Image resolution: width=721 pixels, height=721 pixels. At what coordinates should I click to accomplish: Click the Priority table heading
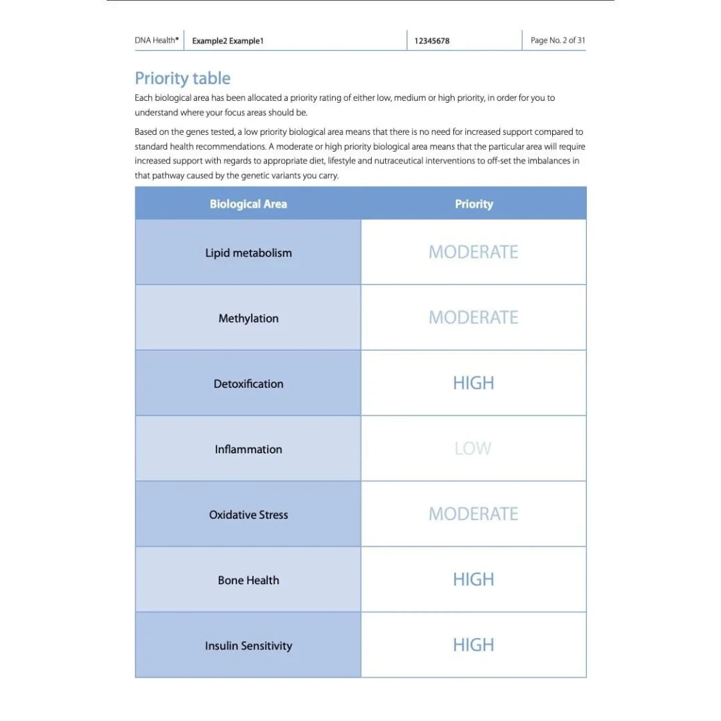click(182, 79)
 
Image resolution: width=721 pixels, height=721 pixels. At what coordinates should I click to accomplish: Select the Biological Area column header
click(248, 204)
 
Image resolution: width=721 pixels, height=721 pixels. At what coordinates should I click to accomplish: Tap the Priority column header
click(474, 204)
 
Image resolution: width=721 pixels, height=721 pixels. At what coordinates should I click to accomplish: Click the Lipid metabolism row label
click(248, 253)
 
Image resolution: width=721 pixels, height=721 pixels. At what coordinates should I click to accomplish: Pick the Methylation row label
click(248, 318)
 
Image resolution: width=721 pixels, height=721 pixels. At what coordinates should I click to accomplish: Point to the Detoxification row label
click(248, 384)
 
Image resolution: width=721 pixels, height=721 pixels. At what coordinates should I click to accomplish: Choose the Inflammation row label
click(248, 449)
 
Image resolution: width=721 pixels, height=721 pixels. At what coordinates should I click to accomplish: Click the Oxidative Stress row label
click(248, 515)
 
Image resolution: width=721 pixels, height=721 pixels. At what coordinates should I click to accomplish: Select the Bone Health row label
click(248, 580)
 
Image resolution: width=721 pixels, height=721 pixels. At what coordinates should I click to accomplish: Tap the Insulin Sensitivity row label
click(248, 646)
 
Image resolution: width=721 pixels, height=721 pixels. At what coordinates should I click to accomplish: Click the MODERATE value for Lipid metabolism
click(473, 252)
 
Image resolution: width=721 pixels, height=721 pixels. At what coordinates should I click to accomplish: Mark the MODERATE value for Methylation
click(473, 318)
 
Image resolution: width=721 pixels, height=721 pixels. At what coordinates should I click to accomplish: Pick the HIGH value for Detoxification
click(473, 383)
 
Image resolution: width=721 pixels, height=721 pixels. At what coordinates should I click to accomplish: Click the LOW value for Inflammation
click(473, 449)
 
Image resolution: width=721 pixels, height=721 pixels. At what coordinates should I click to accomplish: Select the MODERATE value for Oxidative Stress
click(473, 514)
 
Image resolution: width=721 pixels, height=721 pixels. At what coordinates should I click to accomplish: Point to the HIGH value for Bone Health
click(473, 579)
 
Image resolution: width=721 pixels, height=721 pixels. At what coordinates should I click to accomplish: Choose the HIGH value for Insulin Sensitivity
click(473, 645)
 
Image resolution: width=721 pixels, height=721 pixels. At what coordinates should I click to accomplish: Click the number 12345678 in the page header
click(432, 41)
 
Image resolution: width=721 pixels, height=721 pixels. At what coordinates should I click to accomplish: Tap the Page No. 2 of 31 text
click(558, 40)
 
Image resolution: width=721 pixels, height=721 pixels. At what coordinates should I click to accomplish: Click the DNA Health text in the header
click(156, 40)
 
